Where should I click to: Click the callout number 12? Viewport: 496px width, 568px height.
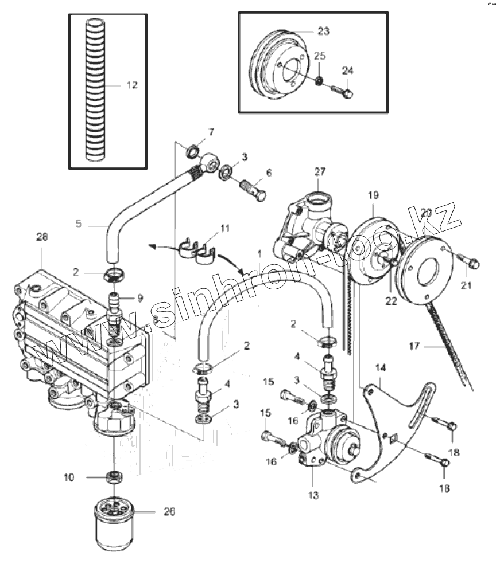(x=132, y=85)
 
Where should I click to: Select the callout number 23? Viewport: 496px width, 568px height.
(x=323, y=32)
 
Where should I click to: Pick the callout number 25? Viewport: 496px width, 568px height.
(x=320, y=56)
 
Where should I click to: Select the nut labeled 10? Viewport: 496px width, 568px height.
(x=115, y=476)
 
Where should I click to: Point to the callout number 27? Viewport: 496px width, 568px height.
(x=320, y=171)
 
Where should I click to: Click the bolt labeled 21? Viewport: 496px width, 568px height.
(x=471, y=264)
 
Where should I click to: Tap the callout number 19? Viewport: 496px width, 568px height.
(x=373, y=195)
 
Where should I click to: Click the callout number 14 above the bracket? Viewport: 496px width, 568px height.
(x=381, y=367)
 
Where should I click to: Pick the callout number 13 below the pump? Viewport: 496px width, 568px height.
(x=313, y=495)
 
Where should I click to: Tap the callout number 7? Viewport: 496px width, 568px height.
(x=211, y=132)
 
